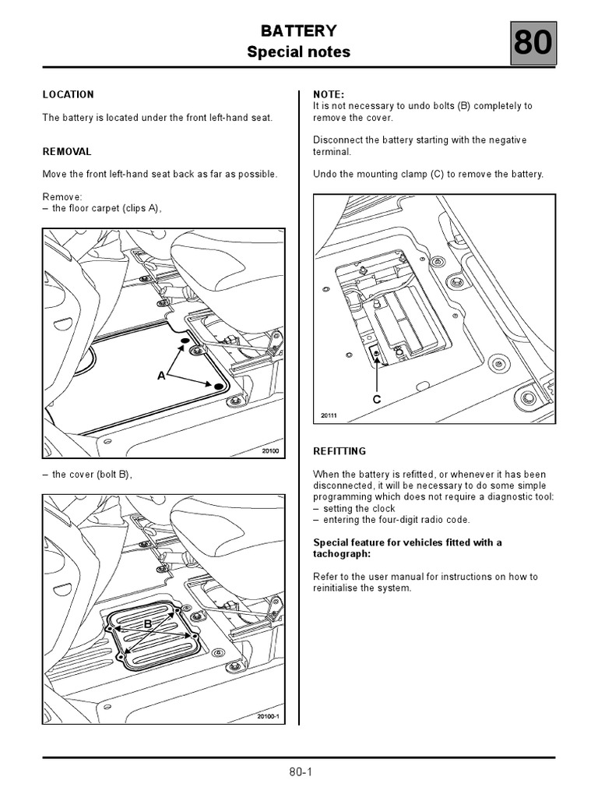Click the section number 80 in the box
point(533,44)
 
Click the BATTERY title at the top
point(299,31)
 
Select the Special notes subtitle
point(299,52)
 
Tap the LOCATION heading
point(68,94)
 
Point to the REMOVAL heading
point(67,151)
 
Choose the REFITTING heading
point(339,451)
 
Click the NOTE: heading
point(329,94)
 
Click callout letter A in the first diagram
point(162,376)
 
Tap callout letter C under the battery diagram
point(377,399)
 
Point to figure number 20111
point(329,416)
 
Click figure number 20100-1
point(267,717)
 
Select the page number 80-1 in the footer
point(300,772)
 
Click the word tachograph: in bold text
point(341,553)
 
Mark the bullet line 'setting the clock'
point(359,508)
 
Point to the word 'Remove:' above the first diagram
point(62,196)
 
